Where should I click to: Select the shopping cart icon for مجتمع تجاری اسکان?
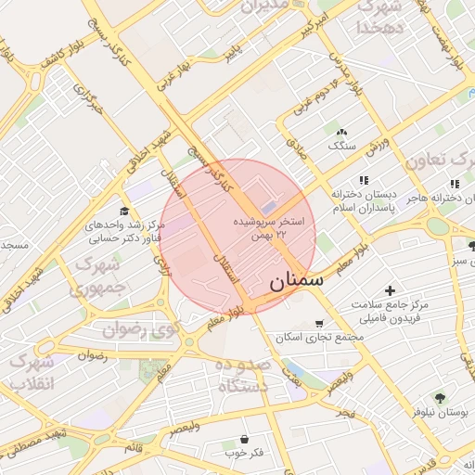pyautogui.click(x=320, y=324)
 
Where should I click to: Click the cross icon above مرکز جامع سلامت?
pyautogui.click(x=390, y=291)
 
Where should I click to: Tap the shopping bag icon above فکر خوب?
pyautogui.click(x=244, y=439)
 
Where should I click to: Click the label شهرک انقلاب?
pyautogui.click(x=32, y=371)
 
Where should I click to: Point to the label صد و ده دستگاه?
pyautogui.click(x=241, y=376)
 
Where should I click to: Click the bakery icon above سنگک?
pyautogui.click(x=341, y=133)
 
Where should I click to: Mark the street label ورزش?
pyautogui.click(x=379, y=149)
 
